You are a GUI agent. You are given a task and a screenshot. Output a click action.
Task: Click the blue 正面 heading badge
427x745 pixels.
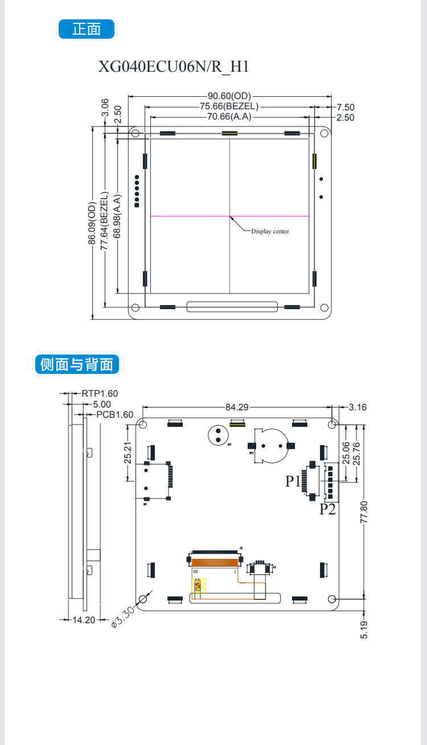pos(87,29)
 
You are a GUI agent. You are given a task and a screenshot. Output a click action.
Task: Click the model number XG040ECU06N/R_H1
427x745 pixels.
pos(174,67)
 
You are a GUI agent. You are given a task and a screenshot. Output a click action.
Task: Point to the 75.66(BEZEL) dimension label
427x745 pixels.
pos(229,106)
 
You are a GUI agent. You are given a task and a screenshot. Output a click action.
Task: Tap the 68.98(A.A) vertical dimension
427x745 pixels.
pos(117,216)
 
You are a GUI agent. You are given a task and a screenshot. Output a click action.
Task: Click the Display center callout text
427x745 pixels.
pos(270,231)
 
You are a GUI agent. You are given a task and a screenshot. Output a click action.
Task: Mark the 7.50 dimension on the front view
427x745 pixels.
pos(345,107)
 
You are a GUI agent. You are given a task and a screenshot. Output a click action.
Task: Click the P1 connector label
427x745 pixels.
pos(293,481)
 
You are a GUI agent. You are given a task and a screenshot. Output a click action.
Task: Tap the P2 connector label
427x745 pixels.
pos(327,509)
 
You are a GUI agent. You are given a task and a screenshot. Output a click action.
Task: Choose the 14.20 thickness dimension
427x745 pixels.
pos(83,620)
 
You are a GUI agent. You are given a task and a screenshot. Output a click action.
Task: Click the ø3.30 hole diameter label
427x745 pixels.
pos(122,617)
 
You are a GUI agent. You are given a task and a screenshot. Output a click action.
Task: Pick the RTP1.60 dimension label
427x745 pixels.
pos(100,393)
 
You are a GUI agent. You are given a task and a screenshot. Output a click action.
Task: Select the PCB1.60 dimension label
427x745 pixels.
pos(114,414)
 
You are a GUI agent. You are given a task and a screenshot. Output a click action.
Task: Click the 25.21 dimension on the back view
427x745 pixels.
pos(128,453)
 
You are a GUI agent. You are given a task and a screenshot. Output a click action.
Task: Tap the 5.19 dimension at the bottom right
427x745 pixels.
pos(364,629)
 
